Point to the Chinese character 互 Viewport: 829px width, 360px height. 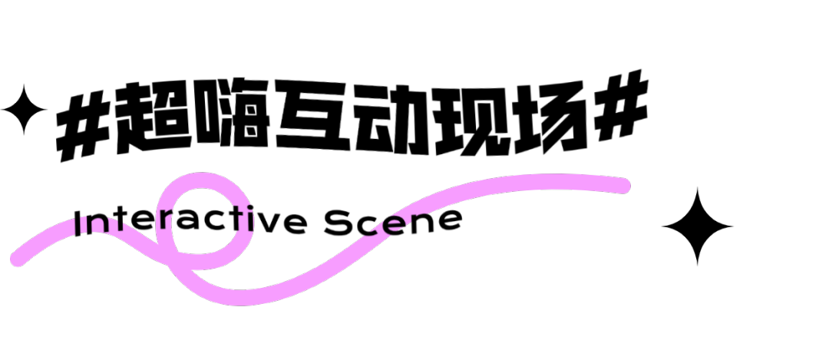coord(312,114)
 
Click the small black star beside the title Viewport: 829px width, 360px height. coord(24,110)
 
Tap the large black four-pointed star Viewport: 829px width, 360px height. coord(697,226)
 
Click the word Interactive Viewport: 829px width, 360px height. coord(190,222)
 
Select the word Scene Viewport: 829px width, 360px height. coord(393,222)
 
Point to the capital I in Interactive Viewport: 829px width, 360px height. coord(78,223)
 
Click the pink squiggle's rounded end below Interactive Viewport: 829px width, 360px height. coord(18,259)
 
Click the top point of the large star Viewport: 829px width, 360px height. coord(697,188)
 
